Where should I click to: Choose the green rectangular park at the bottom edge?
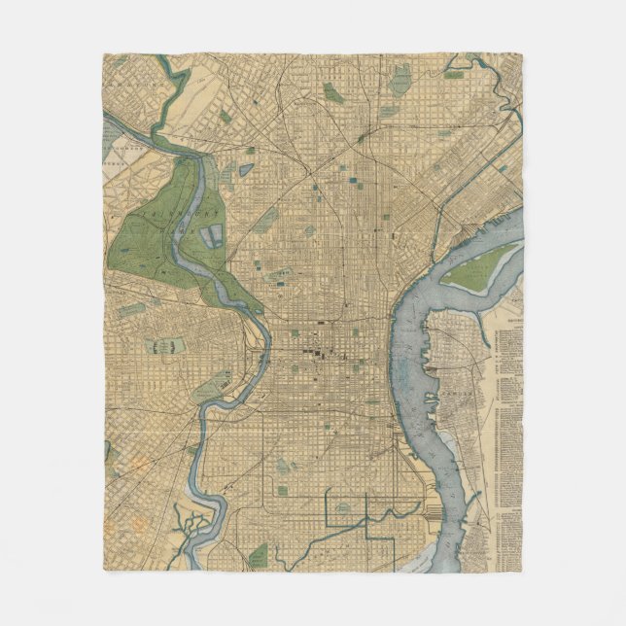[259, 556]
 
